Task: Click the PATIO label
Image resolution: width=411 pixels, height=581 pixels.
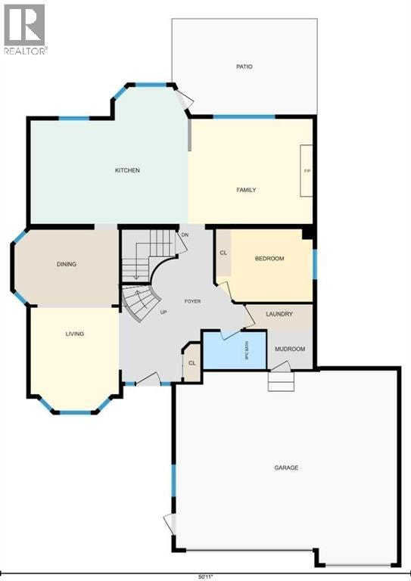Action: click(x=244, y=67)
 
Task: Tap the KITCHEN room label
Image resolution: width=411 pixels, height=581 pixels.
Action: click(x=127, y=170)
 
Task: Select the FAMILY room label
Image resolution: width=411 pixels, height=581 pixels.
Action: click(x=246, y=190)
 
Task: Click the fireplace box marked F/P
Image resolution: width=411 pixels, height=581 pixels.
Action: click(x=306, y=171)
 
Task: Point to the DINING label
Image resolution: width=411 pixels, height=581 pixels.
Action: click(x=67, y=264)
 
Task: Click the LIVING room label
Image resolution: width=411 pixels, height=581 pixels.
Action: click(x=75, y=334)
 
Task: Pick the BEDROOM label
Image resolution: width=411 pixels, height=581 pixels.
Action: click(x=269, y=259)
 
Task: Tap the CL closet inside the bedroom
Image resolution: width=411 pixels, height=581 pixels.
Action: click(x=223, y=253)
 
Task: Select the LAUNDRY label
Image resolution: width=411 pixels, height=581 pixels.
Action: click(x=279, y=314)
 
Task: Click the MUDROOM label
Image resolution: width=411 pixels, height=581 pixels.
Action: click(x=290, y=349)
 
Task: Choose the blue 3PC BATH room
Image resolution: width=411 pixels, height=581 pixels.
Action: click(x=235, y=350)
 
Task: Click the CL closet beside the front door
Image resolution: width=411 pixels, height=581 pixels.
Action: click(x=192, y=363)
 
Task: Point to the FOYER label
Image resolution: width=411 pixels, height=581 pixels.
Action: click(x=192, y=301)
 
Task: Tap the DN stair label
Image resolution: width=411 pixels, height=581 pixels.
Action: click(x=185, y=235)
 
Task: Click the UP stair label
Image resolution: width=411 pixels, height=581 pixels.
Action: click(x=163, y=312)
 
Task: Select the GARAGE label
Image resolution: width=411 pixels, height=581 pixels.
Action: click(x=286, y=468)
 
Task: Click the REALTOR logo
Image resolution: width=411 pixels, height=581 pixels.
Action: click(x=25, y=30)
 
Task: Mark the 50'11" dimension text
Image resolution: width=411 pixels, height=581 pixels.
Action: click(x=206, y=577)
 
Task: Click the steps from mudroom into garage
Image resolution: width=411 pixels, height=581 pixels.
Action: click(x=282, y=381)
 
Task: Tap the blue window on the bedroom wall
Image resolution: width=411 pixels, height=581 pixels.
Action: click(x=315, y=264)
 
